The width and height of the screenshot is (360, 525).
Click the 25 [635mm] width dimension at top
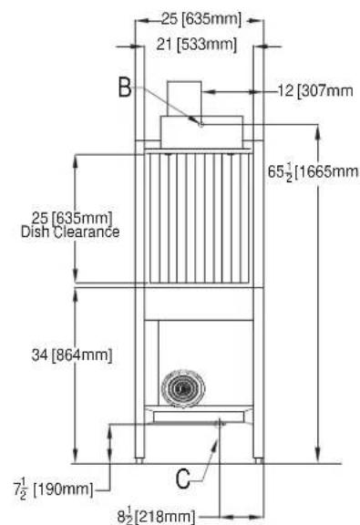[x=201, y=19]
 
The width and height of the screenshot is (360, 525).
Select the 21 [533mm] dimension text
[x=196, y=44]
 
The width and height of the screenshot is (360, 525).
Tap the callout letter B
[x=125, y=87]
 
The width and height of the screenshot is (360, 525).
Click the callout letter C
[x=182, y=479]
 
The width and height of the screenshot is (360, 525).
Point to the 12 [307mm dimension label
[x=315, y=91]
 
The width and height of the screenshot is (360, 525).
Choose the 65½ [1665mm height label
[x=313, y=172]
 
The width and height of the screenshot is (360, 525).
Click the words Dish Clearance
[x=70, y=232]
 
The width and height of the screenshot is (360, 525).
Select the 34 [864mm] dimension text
[x=72, y=355]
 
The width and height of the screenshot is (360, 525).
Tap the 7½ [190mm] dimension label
[x=53, y=489]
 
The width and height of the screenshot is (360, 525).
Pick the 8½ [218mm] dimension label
[x=156, y=516]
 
